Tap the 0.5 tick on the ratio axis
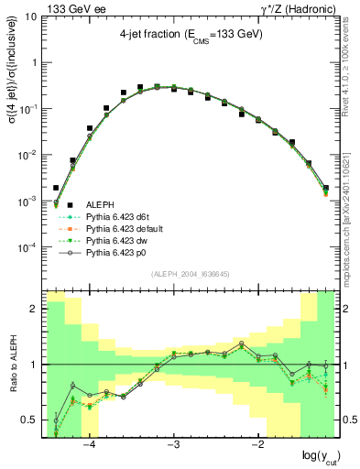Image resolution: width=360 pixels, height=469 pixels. (32, 420)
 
